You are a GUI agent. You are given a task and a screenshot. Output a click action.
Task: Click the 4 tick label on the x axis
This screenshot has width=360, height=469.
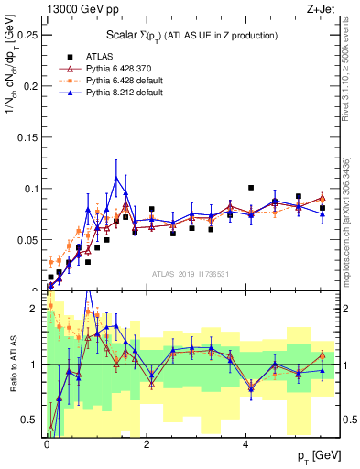245,444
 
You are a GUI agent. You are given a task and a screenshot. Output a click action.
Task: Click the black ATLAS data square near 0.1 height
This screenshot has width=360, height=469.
251,188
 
